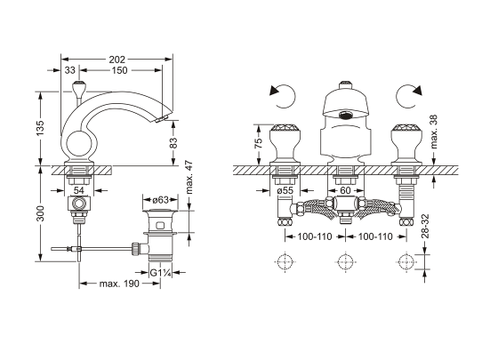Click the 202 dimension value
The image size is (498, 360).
click(x=117, y=60)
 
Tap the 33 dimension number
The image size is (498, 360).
click(x=70, y=70)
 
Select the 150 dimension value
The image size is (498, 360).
click(x=119, y=70)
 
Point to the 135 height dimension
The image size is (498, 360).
click(x=40, y=128)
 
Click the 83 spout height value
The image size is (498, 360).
click(x=173, y=143)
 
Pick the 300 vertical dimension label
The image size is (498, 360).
click(x=40, y=213)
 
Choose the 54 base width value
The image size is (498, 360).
click(x=79, y=190)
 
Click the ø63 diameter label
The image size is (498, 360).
click(x=160, y=200)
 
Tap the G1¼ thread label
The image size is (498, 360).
click(x=161, y=273)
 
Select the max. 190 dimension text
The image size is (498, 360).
click(x=119, y=284)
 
